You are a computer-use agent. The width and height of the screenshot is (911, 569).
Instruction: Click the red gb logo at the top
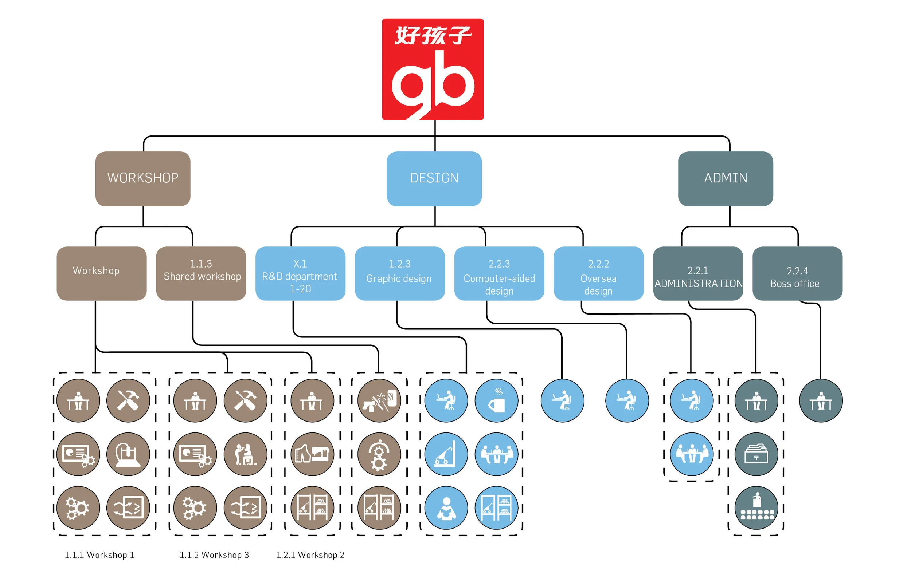coord(432,69)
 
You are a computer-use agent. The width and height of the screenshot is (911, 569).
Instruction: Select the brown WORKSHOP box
coord(143,178)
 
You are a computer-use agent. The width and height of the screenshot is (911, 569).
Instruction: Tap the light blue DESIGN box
coord(434,178)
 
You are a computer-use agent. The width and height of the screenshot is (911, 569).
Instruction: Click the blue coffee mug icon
coord(496,400)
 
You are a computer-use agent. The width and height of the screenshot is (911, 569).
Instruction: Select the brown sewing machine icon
coord(312,454)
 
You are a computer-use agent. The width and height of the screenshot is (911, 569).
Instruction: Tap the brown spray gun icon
coord(379,400)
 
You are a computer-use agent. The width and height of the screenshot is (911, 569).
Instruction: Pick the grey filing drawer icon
coord(756,454)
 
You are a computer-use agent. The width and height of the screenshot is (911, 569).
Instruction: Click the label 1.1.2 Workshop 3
coord(214,555)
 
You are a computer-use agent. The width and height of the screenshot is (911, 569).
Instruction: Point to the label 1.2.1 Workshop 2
coord(310,555)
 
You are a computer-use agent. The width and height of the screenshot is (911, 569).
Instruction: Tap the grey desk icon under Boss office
coord(821,400)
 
